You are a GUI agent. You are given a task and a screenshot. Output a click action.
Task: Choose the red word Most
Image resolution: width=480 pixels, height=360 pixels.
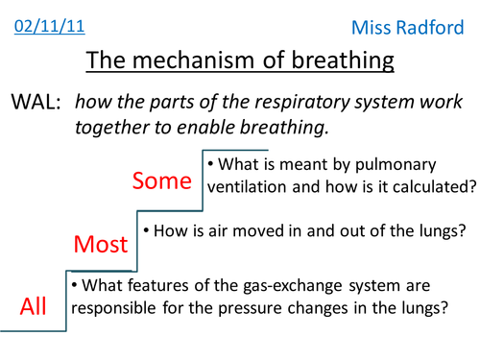pos(103,245)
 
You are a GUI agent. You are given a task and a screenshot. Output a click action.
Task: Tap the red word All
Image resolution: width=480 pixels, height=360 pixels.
pos(33,305)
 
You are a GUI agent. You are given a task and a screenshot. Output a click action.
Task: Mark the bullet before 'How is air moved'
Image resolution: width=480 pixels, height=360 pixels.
pos(146,231)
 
